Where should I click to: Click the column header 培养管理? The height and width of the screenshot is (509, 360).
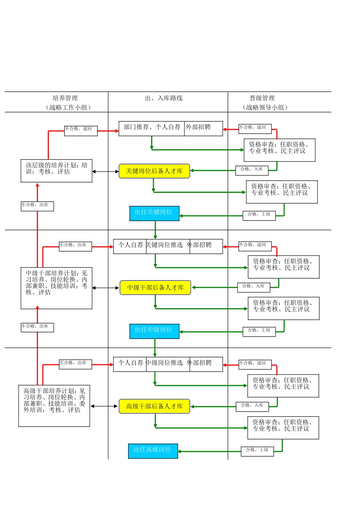[65, 98]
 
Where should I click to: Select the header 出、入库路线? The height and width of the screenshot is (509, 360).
[164, 98]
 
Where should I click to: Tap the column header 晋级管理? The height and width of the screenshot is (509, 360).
[262, 98]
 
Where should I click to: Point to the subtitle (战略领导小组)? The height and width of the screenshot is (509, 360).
[265, 108]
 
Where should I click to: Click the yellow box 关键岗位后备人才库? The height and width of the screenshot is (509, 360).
[154, 171]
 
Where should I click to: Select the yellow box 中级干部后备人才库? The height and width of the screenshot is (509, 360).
[155, 288]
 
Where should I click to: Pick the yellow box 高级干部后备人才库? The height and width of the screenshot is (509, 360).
[154, 406]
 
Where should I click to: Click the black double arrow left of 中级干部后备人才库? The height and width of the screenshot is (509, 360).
[106, 288]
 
